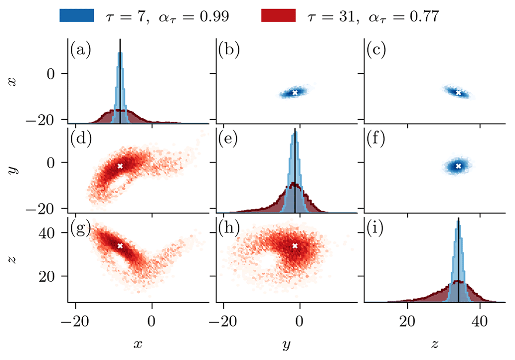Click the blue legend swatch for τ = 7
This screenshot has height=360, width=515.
[x=76, y=15]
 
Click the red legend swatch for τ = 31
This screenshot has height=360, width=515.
[x=278, y=15]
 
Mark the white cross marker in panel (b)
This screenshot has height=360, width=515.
[x=295, y=93]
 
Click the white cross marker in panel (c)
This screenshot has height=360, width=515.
[x=458, y=92]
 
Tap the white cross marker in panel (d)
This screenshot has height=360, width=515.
[x=120, y=166]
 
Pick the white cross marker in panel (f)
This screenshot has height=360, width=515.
[x=458, y=166]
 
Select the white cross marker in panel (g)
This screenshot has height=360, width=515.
[x=120, y=246]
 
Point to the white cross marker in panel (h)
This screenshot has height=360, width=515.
[x=295, y=246]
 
